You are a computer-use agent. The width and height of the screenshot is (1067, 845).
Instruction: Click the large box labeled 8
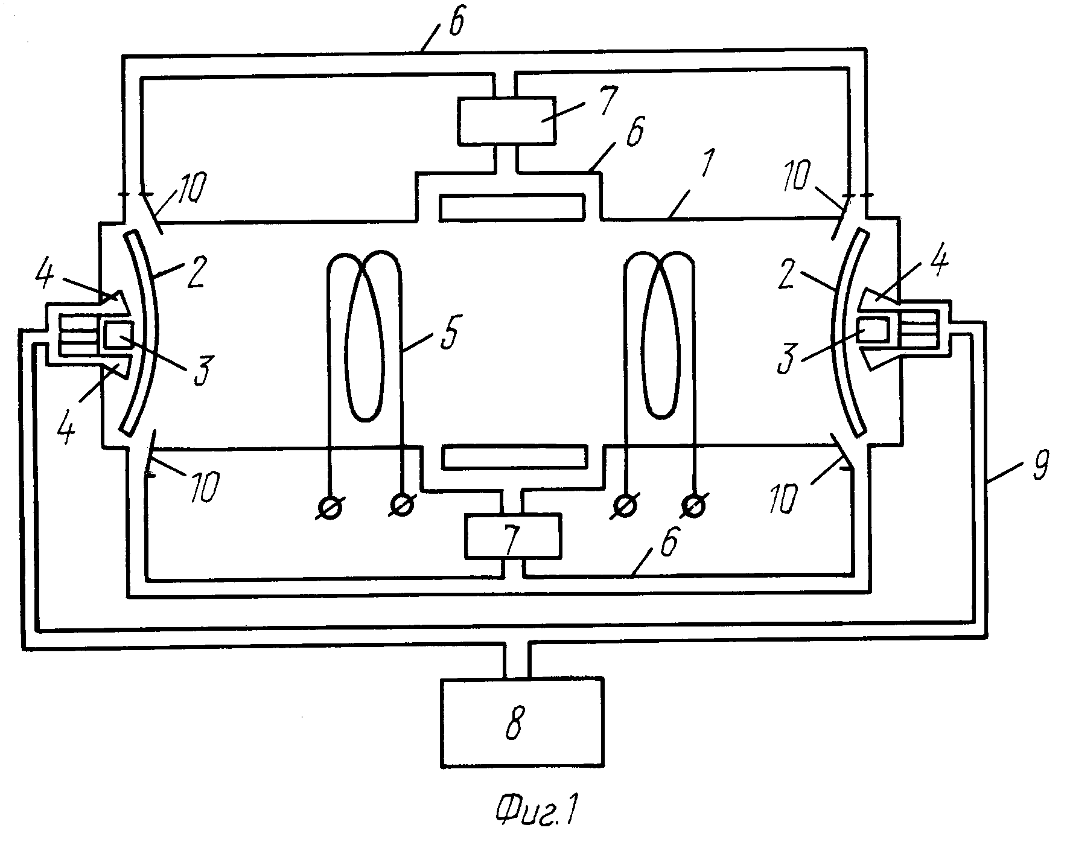pos(522,722)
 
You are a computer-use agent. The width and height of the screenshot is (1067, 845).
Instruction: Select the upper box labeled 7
pos(506,121)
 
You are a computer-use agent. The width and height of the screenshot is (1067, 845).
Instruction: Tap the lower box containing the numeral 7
pos(512,535)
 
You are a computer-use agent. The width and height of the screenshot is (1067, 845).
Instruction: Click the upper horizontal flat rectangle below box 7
pos(512,207)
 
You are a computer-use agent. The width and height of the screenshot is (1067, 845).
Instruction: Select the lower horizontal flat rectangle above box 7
pos(514,457)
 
